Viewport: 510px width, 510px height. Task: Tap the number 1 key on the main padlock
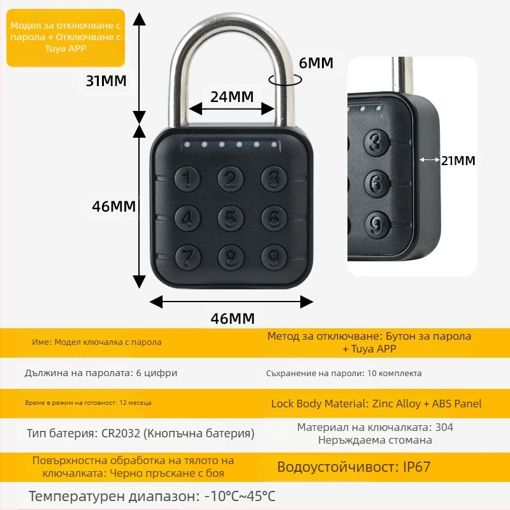187,180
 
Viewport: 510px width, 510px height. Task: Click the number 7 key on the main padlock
187,256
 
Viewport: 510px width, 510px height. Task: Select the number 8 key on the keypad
231,256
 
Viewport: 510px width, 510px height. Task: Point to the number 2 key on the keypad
231,180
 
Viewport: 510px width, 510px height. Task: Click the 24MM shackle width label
232,97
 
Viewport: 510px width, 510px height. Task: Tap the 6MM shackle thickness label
316,63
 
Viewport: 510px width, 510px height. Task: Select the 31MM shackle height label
106,81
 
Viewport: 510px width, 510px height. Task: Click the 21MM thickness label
458,161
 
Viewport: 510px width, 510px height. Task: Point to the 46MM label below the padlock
232,318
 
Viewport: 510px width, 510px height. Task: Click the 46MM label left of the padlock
114,207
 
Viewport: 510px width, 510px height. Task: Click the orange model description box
66,38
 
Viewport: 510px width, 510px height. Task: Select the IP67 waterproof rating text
417,467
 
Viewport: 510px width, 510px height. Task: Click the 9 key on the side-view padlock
377,224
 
